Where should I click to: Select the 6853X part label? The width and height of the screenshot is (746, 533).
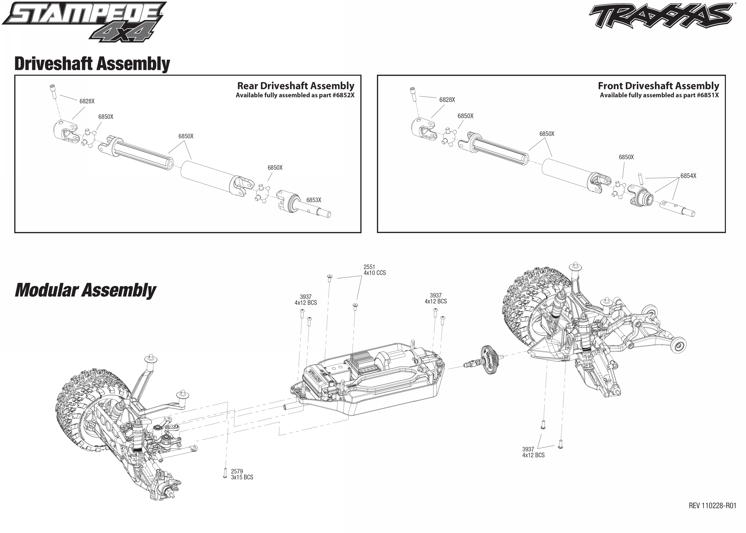click(314, 200)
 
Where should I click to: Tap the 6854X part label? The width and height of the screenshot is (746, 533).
click(688, 176)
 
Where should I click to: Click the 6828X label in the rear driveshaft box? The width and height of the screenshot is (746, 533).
click(87, 101)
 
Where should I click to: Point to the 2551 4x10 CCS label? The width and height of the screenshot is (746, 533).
click(374, 270)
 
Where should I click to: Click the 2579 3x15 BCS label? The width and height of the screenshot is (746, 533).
click(242, 474)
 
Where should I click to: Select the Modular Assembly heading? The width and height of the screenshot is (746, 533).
click(85, 290)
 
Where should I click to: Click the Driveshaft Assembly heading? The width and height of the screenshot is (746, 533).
click(92, 64)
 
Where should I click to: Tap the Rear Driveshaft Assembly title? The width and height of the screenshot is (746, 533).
click(295, 86)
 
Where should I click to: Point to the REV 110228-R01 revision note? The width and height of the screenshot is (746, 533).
click(712, 506)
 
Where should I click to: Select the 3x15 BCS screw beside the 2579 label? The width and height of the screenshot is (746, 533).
click(225, 473)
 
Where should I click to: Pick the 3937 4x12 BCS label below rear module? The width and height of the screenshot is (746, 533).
click(533, 452)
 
